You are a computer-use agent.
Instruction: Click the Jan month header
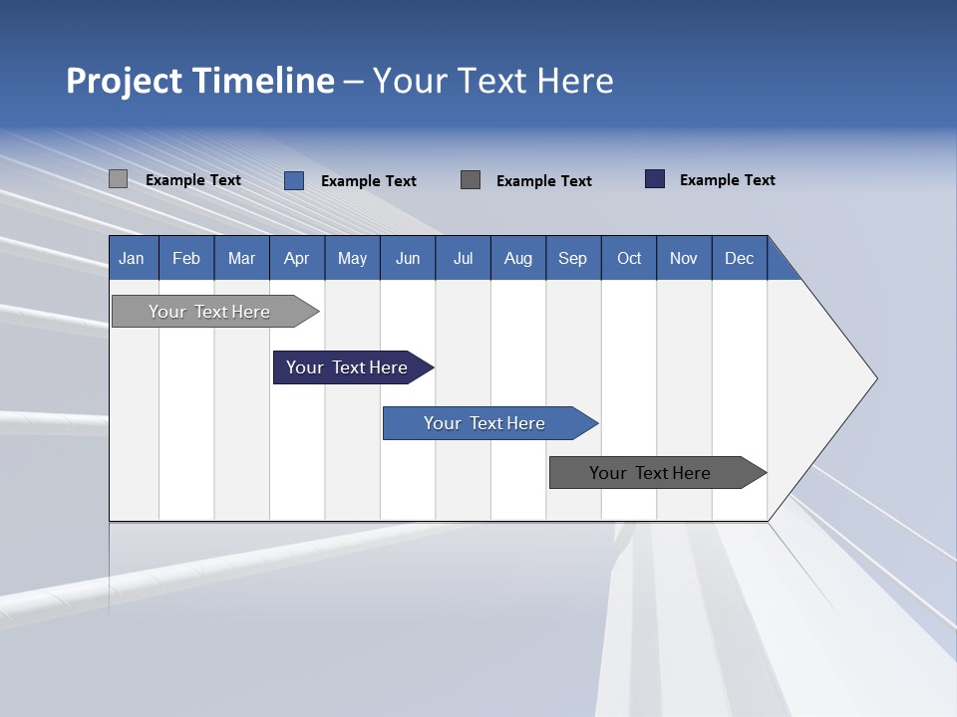pos(133,258)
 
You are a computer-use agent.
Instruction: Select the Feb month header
pos(186,258)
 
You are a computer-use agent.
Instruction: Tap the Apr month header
pos(297,258)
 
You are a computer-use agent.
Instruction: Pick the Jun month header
pos(408,258)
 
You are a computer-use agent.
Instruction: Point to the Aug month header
pos(518,258)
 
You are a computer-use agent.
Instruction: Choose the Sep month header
pos(573,258)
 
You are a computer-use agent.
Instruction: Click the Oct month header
pos(629,258)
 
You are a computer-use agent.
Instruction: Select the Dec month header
pos(740,258)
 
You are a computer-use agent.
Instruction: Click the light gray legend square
pos(118,179)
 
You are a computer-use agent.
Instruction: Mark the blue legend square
pos(294,180)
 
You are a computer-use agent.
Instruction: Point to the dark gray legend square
pos(471,179)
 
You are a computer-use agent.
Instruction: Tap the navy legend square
pos(655,179)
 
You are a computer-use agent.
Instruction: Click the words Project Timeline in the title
pos(200,81)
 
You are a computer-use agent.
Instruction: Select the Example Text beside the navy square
pos(727,179)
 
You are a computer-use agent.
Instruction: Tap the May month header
pos(352,258)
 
